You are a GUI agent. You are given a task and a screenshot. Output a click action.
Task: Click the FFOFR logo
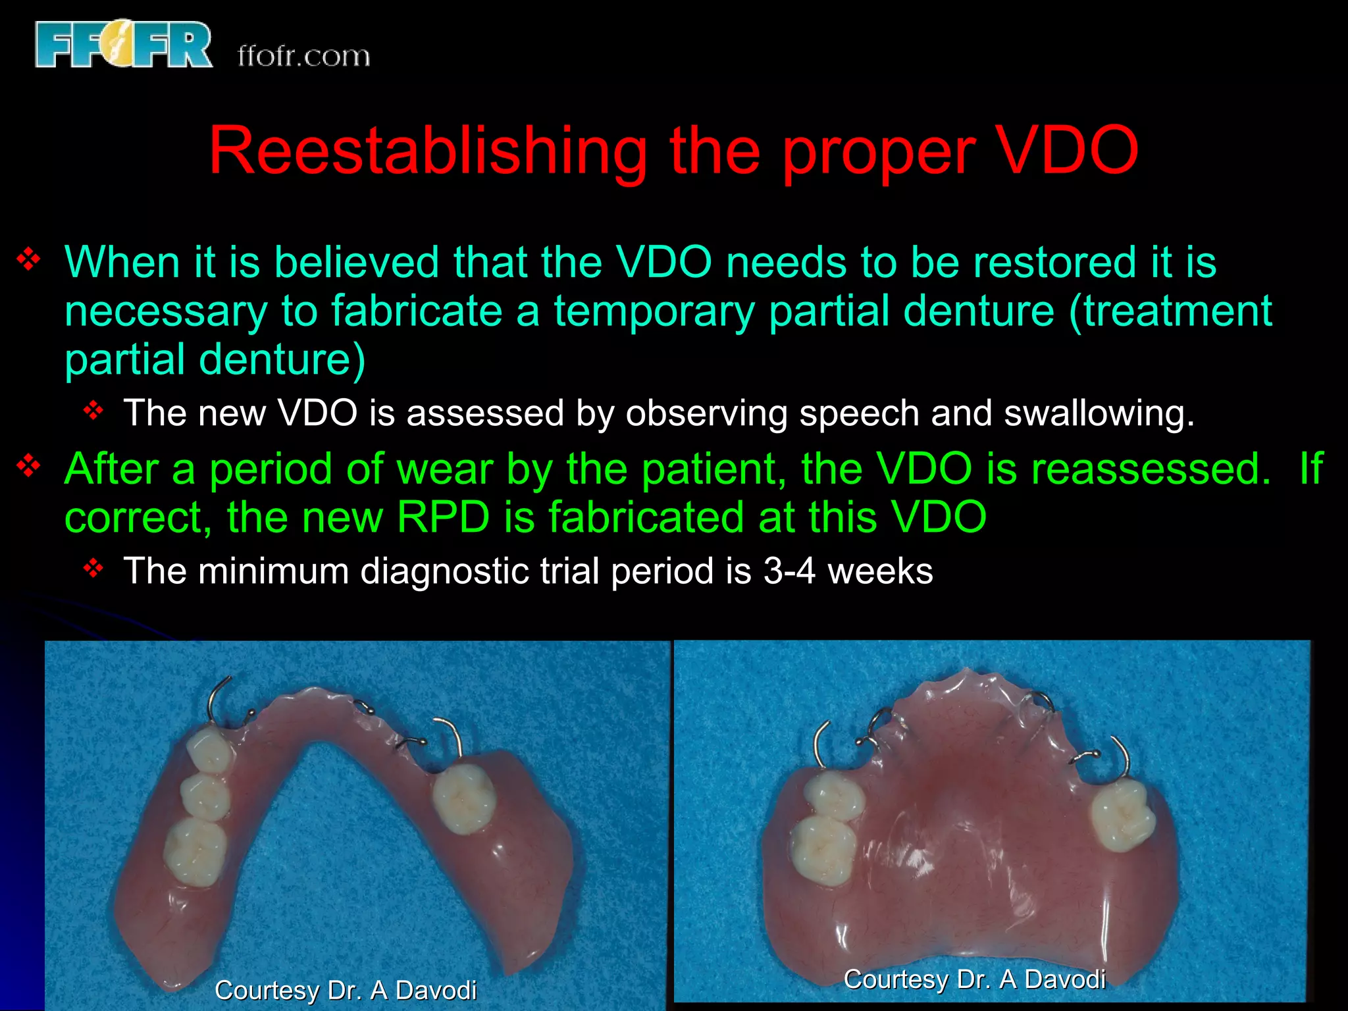point(124,45)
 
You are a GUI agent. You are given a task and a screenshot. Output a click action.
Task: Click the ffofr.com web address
point(303,57)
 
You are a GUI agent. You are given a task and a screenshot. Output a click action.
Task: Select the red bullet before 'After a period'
point(29,466)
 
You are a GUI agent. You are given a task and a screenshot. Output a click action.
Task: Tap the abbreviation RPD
point(443,517)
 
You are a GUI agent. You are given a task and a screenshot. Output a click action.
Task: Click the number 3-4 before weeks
point(789,571)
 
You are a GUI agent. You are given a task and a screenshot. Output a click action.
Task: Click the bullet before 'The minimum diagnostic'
point(94,567)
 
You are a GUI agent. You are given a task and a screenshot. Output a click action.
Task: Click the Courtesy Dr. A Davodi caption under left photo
point(346,990)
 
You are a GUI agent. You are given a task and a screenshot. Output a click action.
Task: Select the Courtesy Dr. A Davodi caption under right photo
point(974,979)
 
